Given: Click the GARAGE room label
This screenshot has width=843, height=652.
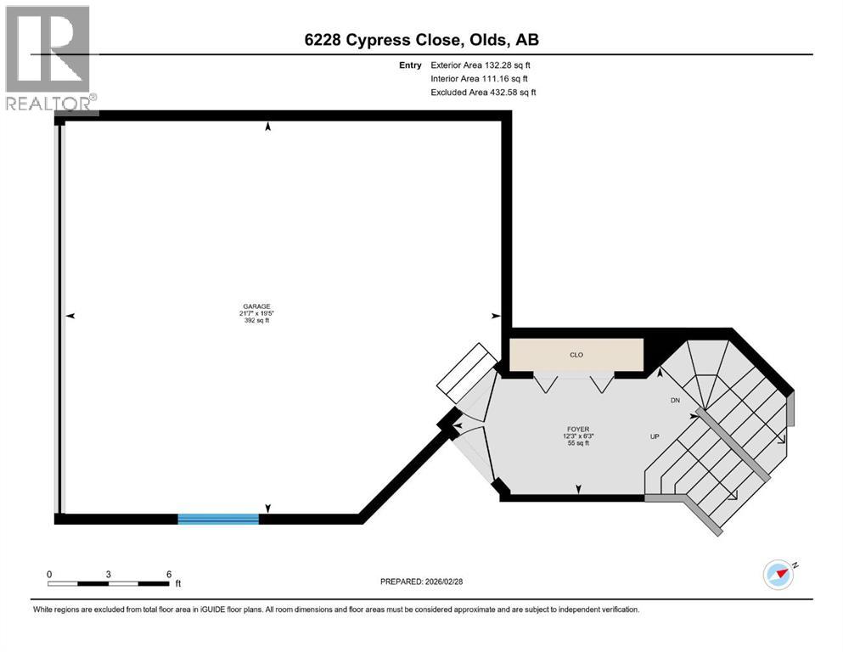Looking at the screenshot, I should tap(256, 306).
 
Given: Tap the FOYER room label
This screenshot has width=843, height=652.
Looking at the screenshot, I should tap(579, 429).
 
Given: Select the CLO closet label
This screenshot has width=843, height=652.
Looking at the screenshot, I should tap(576, 355).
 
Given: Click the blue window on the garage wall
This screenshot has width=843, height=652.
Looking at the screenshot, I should tap(218, 519).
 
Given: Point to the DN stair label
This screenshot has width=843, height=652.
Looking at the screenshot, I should tap(675, 400).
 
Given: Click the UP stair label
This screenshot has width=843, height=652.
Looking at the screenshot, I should tap(655, 436).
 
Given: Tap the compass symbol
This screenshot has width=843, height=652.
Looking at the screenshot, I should tap(778, 574).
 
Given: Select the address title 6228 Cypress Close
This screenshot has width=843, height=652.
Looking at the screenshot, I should tap(421, 39).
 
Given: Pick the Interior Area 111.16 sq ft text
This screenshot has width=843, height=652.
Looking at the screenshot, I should tap(481, 78).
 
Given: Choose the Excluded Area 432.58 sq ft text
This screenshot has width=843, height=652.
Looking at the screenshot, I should tap(483, 92).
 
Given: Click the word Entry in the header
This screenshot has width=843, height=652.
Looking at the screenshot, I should tap(409, 65).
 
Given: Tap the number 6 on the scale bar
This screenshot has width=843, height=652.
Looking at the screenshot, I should tap(169, 574).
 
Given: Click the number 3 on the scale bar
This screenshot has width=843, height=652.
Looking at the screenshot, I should tap(109, 574).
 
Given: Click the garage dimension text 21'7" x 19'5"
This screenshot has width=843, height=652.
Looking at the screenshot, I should tap(256, 313).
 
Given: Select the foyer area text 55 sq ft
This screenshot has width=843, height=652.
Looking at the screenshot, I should tap(579, 443).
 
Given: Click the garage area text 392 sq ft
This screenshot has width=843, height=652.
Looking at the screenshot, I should tap(256, 320).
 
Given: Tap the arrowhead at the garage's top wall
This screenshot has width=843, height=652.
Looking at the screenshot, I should tap(268, 126).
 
